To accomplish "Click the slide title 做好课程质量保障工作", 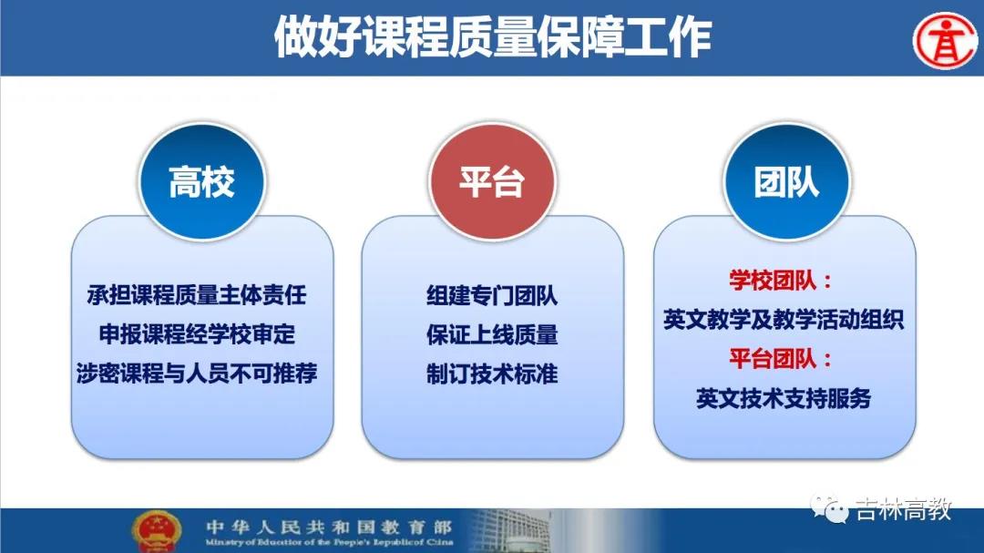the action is coord(493,37).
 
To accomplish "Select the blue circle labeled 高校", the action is coord(201,181).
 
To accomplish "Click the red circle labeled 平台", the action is coord(492,181).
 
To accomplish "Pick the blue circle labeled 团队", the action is coord(786,181).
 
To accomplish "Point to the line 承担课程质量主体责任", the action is coord(197,294).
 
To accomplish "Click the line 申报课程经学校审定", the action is coord(197,334).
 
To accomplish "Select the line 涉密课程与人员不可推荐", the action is coord(197,374).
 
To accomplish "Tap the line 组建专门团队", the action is coord(492,295).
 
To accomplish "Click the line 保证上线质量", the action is coord(492,334).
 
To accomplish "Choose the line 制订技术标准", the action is coord(492,374).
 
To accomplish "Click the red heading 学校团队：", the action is coord(781,281).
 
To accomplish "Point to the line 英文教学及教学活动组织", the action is coord(784,320).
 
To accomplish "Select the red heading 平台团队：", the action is coord(781,359).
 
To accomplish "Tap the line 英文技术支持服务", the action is coord(784,399).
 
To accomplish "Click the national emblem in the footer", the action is coord(157,531).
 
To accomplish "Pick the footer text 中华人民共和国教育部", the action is coord(329,526).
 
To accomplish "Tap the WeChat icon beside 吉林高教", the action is coord(828,509).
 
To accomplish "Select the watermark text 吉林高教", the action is coord(905,509).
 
